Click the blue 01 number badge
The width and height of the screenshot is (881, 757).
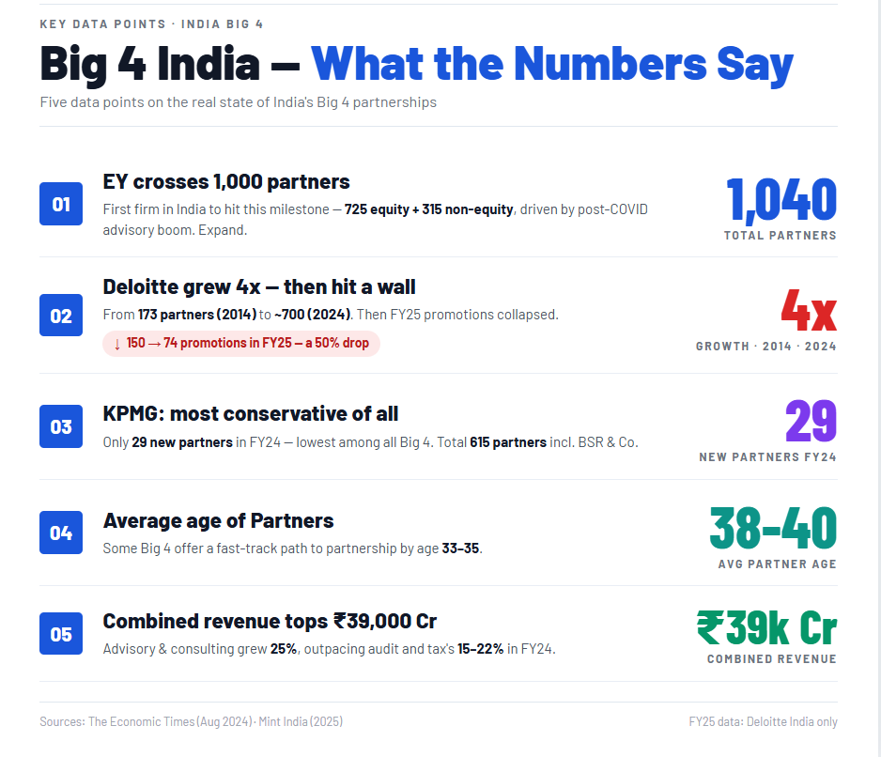(61, 204)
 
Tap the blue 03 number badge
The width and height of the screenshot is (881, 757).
(61, 426)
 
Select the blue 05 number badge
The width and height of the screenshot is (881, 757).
(61, 634)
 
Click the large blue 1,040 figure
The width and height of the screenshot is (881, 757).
(781, 200)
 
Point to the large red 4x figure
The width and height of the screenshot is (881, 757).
(808, 311)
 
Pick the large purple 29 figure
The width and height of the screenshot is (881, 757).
(810, 421)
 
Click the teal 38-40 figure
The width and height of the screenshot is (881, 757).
(772, 528)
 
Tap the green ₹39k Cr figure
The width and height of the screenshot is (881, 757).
(766, 628)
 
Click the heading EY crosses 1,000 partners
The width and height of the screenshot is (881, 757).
(226, 181)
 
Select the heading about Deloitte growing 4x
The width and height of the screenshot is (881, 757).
(259, 286)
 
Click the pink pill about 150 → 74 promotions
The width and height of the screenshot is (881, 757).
(241, 343)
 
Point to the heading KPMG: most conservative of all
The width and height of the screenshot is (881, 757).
(251, 413)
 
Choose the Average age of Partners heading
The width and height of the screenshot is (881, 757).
(218, 520)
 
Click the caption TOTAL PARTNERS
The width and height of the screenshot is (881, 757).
(780, 236)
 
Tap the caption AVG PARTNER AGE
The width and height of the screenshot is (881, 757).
(777, 564)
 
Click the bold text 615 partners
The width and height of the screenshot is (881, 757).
(507, 441)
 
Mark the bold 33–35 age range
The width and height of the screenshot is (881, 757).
(461, 548)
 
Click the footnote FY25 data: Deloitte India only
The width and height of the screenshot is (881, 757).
(763, 721)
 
